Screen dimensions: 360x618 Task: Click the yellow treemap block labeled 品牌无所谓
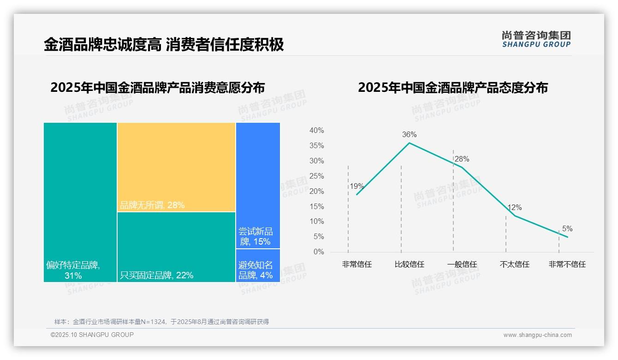176,167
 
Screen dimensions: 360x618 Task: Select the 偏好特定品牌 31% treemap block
80,202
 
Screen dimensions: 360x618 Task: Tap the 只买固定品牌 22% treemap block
176,247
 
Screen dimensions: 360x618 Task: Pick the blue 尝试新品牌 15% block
258,186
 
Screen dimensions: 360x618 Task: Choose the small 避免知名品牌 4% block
258,265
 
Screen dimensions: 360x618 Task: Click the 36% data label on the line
409,135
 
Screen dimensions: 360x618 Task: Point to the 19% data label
357,186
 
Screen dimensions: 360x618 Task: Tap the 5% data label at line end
567,229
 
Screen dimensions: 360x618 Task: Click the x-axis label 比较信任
409,264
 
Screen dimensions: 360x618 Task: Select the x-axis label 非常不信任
567,264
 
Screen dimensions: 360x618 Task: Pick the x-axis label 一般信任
462,264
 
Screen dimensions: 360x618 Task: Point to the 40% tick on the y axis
316,131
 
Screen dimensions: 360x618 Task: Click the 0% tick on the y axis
319,252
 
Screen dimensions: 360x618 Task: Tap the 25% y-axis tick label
316,176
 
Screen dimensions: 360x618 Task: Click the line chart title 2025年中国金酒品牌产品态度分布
452,88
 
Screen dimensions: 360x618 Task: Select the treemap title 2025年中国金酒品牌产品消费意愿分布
158,88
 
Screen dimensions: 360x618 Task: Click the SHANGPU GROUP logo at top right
536,39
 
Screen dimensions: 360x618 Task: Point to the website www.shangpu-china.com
537,335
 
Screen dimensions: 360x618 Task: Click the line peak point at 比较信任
409,143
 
